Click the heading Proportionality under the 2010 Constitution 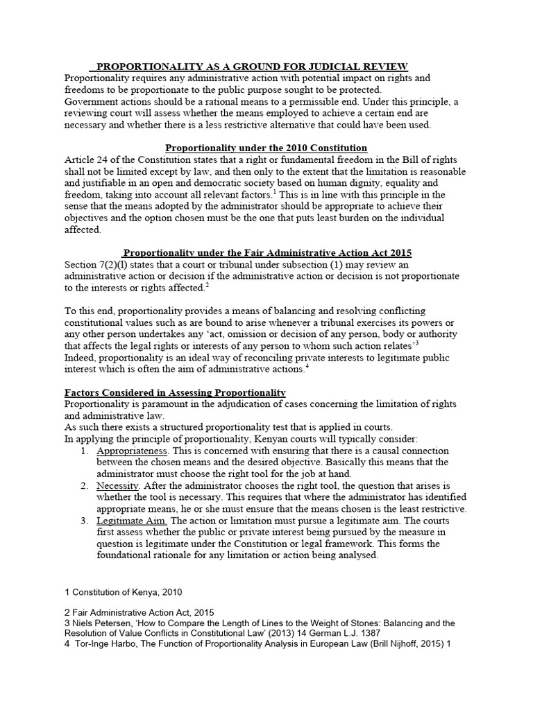(x=266, y=148)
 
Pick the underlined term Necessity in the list (x=117, y=485)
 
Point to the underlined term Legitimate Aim (x=132, y=520)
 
